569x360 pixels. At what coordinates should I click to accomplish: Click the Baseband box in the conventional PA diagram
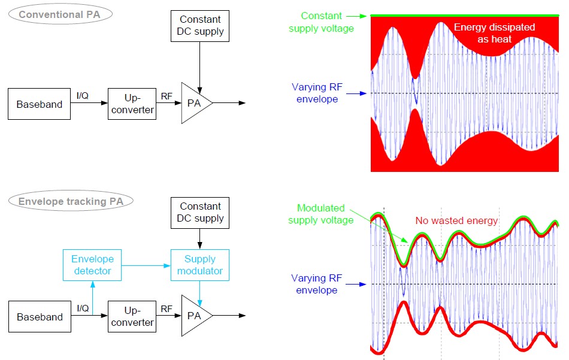click(x=39, y=104)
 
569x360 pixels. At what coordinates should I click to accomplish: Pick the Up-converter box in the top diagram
click(x=132, y=104)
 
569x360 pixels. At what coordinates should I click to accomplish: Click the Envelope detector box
click(x=92, y=265)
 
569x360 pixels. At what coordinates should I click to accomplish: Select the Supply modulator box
click(x=200, y=265)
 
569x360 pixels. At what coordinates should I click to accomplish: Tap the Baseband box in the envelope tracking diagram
click(x=39, y=317)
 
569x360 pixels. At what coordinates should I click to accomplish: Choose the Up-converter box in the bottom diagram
click(x=132, y=317)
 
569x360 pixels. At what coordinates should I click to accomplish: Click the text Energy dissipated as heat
click(x=494, y=32)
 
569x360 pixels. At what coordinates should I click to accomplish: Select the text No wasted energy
click(x=456, y=220)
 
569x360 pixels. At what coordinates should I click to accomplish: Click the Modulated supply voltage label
click(x=322, y=214)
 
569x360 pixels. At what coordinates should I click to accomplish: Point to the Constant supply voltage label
click(x=321, y=22)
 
